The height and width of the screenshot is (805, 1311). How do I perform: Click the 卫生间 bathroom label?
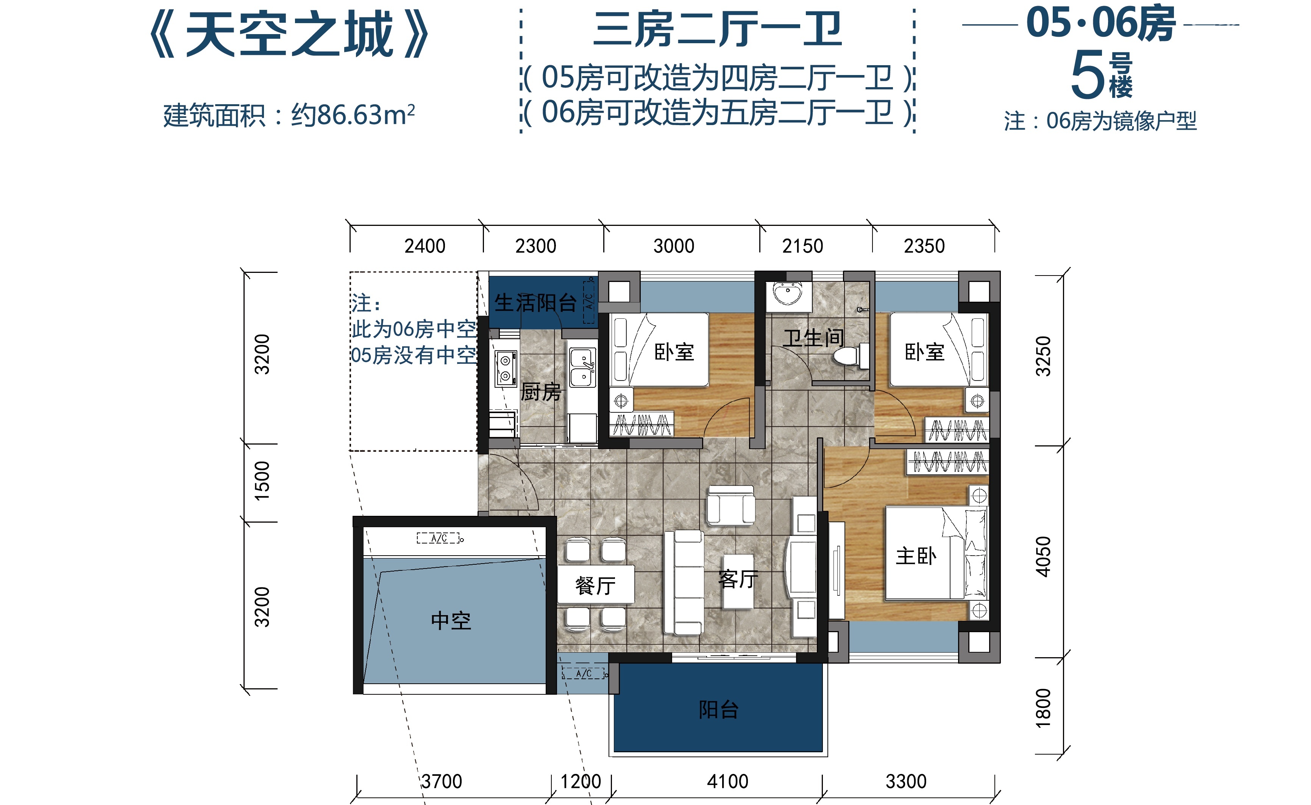click(813, 338)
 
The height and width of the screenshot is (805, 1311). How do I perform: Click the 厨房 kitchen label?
click(541, 392)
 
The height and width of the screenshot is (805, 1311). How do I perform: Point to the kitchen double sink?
click(583, 367)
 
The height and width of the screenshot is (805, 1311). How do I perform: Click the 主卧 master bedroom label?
click(916, 556)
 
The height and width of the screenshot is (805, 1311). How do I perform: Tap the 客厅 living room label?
click(738, 579)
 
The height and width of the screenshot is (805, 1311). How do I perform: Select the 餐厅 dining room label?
click(595, 586)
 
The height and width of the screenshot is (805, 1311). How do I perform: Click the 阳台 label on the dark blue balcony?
click(719, 710)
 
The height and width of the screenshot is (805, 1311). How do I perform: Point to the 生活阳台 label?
click(535, 303)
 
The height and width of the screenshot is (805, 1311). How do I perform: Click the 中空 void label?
click(451, 621)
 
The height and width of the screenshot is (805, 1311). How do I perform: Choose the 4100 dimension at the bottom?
click(727, 782)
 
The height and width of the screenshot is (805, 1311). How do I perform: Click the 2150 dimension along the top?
click(802, 246)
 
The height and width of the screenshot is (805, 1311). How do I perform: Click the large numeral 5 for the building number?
click(1088, 75)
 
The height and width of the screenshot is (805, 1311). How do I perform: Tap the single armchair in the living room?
click(730, 505)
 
